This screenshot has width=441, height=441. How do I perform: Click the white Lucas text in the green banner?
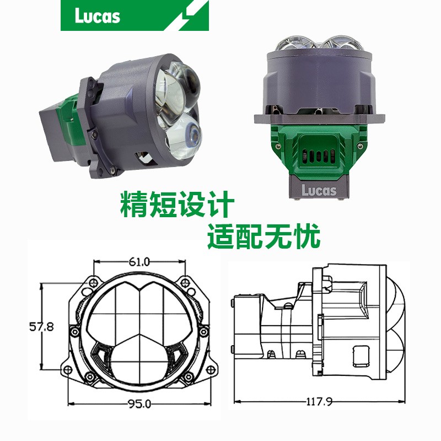click(x=98, y=16)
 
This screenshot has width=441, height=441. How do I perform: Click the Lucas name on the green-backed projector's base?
click(x=319, y=190)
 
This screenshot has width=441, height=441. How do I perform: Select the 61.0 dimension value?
click(x=139, y=262)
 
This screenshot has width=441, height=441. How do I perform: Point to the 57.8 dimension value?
click(x=41, y=326)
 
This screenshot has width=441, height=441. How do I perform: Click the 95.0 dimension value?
click(x=139, y=404)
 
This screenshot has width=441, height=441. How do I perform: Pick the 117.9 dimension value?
click(x=319, y=401)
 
